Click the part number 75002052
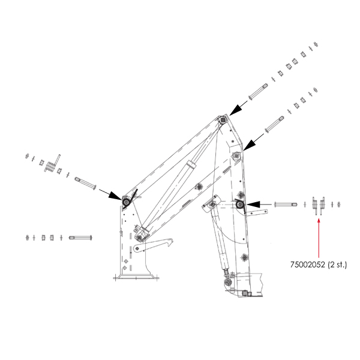click(308, 265)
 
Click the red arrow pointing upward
click(319, 238)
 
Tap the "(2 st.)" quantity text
click(337, 265)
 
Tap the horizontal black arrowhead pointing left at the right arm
click(253, 204)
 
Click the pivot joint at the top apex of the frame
click(223, 119)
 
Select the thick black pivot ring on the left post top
click(126, 202)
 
